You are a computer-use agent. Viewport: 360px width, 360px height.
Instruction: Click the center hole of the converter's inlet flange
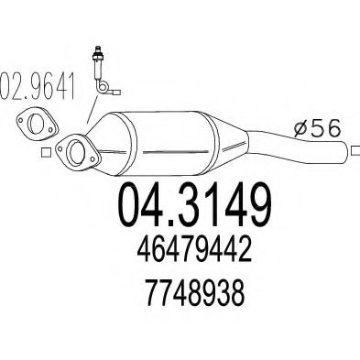coord(74,151)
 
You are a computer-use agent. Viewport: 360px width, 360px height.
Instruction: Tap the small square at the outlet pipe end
coord(350,148)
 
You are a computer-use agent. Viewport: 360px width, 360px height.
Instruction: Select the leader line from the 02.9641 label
coord(87,115)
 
